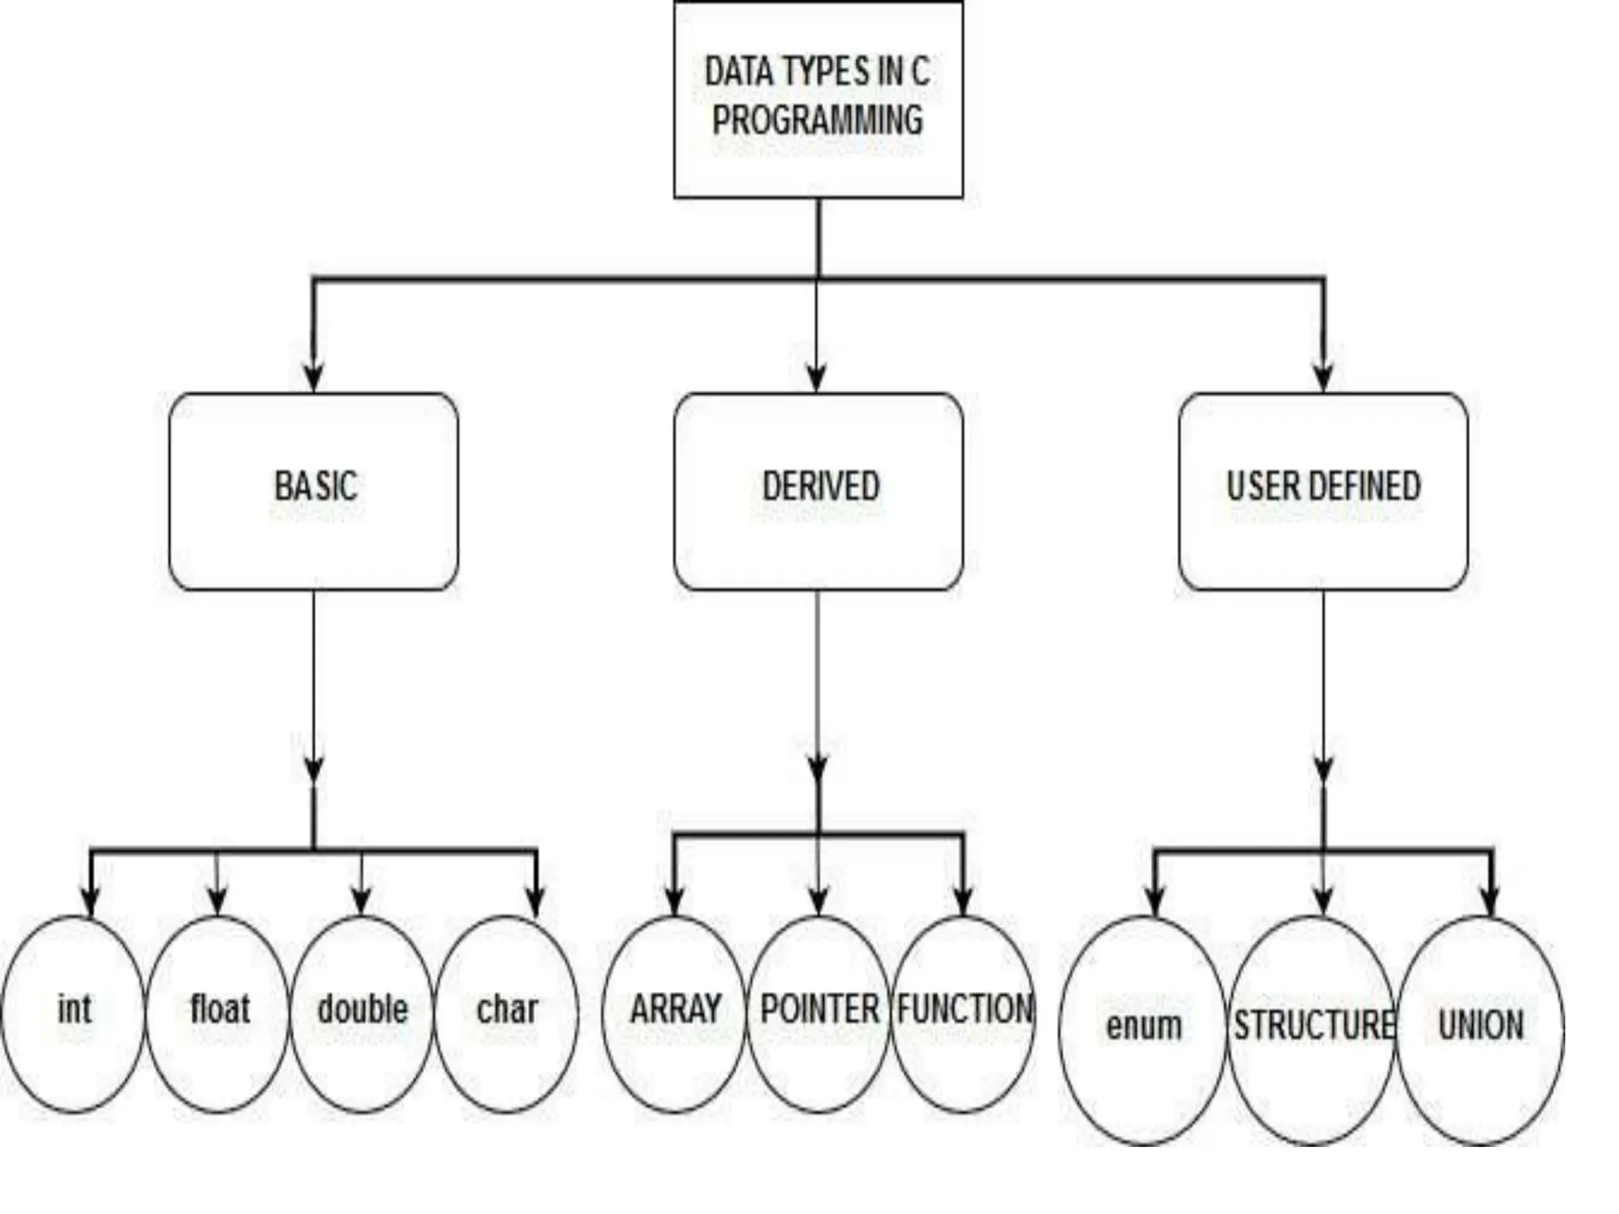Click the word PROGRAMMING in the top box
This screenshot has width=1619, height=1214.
pyautogui.click(x=817, y=121)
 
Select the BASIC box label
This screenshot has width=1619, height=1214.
pyautogui.click(x=315, y=486)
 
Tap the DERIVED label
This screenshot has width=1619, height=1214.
pyautogui.click(x=820, y=486)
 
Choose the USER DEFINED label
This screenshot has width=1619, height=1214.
pyautogui.click(x=1323, y=486)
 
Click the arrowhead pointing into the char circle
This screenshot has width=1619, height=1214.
pyautogui.click(x=536, y=902)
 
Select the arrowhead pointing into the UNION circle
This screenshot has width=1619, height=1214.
pyautogui.click(x=1490, y=902)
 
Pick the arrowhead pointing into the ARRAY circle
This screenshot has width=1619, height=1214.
pyautogui.click(x=674, y=902)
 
